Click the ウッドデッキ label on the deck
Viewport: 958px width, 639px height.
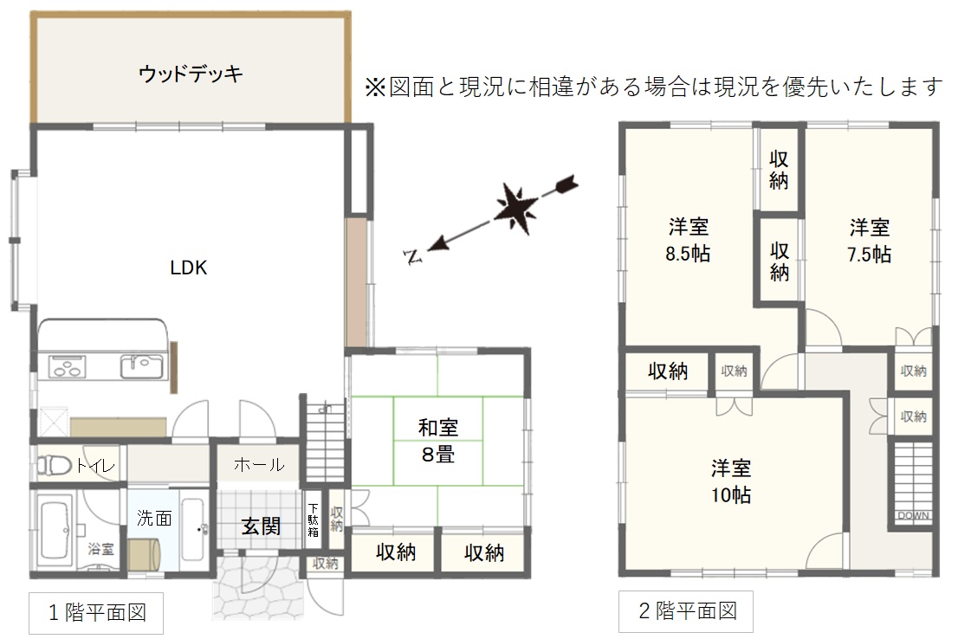click(x=191, y=74)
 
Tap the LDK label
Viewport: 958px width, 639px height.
click(x=188, y=268)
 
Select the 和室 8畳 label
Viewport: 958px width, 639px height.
click(x=438, y=441)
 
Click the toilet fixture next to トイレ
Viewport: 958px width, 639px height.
click(x=54, y=465)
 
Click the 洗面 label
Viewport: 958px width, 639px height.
click(x=154, y=518)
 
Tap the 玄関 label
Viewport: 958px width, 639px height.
click(x=261, y=526)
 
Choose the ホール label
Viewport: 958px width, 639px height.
click(x=259, y=465)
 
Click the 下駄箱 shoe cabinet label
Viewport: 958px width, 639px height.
click(x=313, y=520)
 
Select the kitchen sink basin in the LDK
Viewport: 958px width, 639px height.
click(x=141, y=367)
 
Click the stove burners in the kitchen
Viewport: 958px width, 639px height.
click(x=67, y=367)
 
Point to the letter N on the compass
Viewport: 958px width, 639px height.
click(x=414, y=257)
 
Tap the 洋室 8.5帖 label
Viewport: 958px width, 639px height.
click(x=688, y=240)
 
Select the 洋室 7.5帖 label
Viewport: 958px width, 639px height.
click(x=869, y=241)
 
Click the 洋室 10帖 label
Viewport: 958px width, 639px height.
click(x=731, y=481)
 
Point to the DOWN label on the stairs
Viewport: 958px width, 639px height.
click(x=914, y=515)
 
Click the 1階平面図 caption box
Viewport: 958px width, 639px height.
click(x=96, y=613)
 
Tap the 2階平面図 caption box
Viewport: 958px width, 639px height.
click(x=686, y=611)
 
